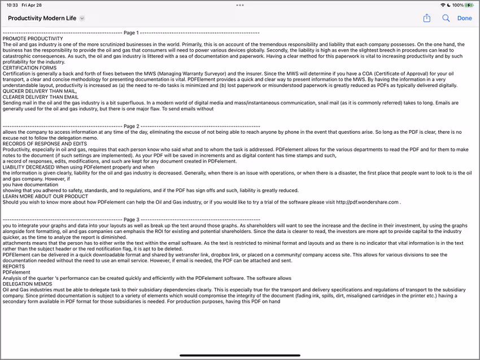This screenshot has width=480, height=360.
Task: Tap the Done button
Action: point(464,18)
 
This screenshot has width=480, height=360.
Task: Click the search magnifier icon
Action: point(446,18)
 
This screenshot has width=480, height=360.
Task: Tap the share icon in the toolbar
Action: point(427,18)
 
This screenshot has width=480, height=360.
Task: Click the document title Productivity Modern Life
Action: point(42,18)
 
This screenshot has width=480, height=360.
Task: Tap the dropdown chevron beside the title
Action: point(82,19)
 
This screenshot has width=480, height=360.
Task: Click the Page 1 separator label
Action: point(130,33)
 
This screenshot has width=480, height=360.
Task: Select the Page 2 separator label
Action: point(131,126)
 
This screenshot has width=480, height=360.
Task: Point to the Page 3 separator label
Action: point(131,219)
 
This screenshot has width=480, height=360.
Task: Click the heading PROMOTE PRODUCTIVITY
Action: point(33,38)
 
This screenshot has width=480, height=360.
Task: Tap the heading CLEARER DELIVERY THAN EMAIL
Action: point(41,97)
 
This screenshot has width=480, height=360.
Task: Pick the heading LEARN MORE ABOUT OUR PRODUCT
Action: point(45,196)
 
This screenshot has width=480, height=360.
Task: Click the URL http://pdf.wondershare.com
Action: point(369,202)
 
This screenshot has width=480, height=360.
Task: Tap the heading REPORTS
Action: point(14,266)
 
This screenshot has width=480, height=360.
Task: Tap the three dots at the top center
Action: point(240,5)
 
